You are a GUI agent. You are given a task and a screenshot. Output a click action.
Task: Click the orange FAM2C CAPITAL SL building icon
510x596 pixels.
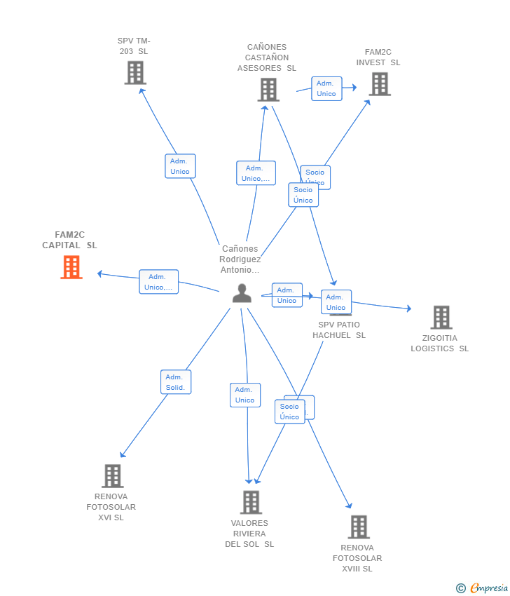coord(71,267)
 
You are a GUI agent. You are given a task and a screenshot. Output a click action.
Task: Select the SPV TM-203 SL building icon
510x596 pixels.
coord(135,73)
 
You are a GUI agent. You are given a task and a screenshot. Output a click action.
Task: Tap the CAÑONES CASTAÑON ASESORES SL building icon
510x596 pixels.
coord(268,90)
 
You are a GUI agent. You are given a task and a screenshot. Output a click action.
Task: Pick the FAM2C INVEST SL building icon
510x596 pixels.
coord(380,84)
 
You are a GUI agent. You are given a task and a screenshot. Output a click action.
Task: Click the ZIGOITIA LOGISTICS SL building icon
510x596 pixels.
coord(441,318)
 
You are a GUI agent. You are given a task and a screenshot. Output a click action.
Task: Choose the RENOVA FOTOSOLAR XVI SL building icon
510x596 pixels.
coord(112,476)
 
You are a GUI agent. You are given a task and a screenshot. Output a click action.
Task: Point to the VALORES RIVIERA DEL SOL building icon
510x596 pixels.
coord(251,502)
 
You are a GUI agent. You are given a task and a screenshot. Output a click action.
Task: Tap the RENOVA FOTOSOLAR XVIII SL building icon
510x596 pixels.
coord(359,527)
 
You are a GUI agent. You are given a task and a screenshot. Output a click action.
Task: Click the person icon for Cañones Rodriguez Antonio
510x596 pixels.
coord(242,294)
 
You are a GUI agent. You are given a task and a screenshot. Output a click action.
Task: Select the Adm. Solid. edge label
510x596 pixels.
coord(176,382)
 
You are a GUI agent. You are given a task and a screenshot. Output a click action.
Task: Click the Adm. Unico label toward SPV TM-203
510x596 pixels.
coord(180,166)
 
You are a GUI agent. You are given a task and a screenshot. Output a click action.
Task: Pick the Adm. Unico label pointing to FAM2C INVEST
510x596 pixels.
coord(326,89)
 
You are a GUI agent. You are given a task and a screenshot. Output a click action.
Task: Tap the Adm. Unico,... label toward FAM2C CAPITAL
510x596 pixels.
coord(158,282)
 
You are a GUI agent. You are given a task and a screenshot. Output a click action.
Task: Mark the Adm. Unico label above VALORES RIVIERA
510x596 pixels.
coord(245,395)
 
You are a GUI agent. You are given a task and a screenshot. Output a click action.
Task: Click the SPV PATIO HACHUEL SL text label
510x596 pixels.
coord(339,330)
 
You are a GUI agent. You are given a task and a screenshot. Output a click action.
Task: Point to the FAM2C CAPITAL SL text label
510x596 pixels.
coord(69,240)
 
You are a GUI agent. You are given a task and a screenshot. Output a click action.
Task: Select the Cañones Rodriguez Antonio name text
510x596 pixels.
coord(240,259)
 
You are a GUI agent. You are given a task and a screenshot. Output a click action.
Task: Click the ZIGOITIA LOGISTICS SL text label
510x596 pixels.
coord(440,344)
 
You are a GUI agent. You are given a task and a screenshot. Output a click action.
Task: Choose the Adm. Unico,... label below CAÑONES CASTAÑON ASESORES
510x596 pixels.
coord(256,173)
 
